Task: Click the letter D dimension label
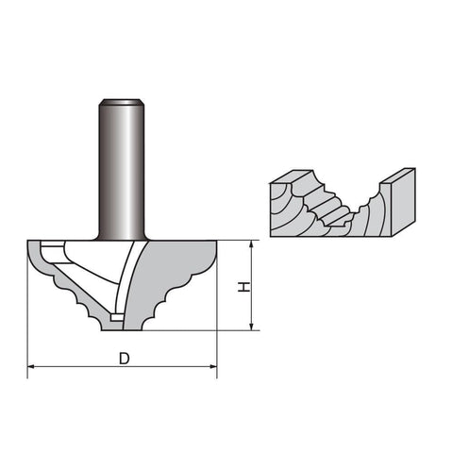125,359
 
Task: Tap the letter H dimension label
243,287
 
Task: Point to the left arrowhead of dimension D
31,366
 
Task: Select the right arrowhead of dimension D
213,366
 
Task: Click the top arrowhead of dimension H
251,244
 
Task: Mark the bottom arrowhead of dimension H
251,327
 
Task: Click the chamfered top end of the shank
122,102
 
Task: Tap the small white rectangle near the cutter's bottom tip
116,317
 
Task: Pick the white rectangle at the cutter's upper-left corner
52,243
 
